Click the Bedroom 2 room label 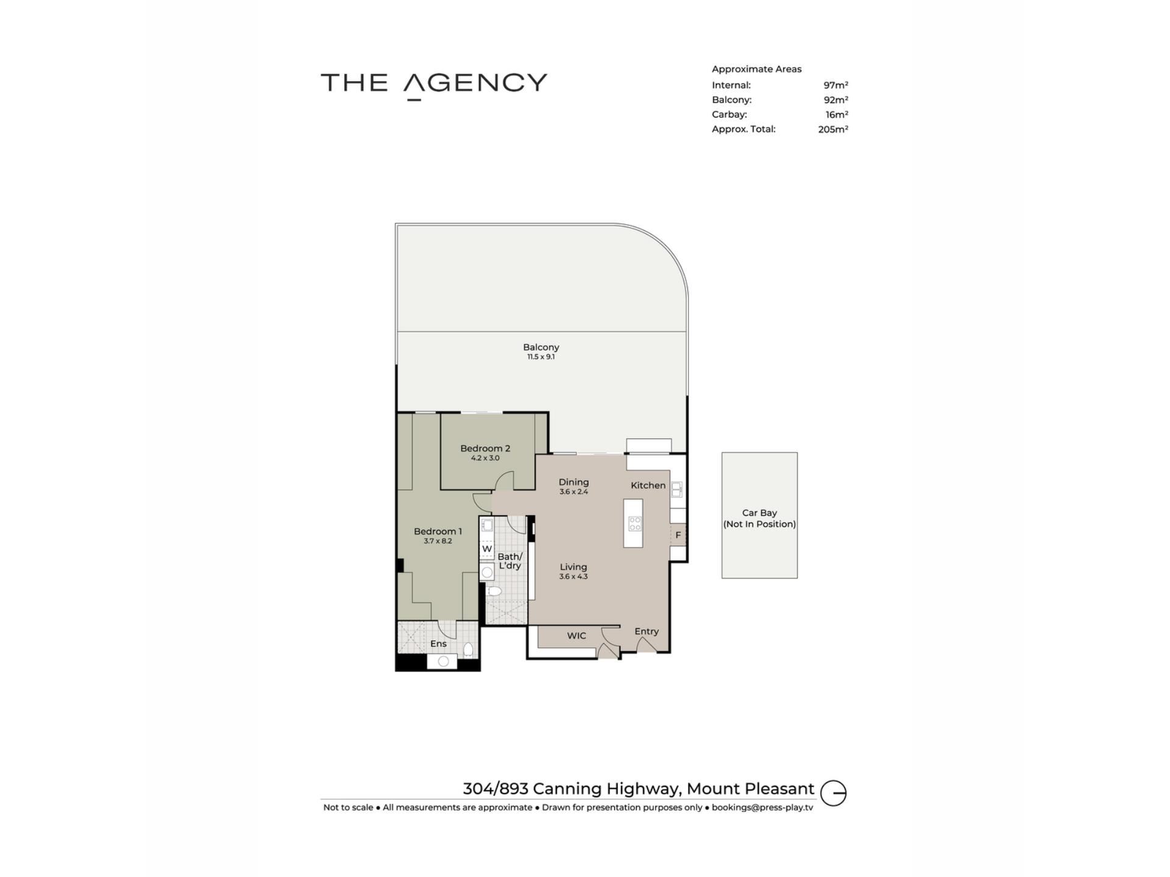point(485,448)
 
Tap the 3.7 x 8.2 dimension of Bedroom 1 point(438,541)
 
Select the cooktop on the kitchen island point(634,523)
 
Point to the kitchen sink point(676,489)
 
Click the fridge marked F point(678,535)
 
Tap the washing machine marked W point(487,549)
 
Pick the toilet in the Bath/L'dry point(494,591)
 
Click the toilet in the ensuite point(468,650)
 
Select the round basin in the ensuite point(443,661)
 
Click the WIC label point(576,636)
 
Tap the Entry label point(647,632)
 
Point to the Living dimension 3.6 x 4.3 point(573,576)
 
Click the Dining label point(573,482)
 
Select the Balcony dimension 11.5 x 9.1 point(541,357)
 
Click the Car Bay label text point(759,518)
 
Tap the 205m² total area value point(833,129)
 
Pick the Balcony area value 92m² point(836,100)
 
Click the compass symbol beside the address point(833,793)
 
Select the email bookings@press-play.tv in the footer point(762,808)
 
